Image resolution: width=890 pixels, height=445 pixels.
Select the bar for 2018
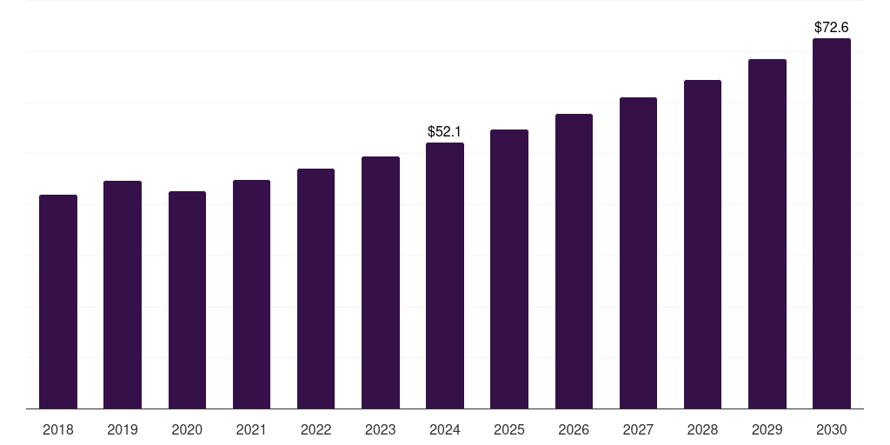point(58,302)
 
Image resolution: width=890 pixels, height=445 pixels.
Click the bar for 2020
point(188,300)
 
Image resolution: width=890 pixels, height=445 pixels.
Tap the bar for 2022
point(315,289)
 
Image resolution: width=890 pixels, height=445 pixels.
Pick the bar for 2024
point(445,276)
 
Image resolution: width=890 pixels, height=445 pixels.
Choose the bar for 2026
point(574,261)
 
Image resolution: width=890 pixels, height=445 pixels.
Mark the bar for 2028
point(702,244)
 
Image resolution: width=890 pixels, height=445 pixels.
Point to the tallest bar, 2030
point(832,223)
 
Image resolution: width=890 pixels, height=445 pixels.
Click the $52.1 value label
point(444,132)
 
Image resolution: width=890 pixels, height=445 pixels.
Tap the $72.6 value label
point(832,27)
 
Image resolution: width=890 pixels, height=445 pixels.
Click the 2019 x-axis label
point(123,429)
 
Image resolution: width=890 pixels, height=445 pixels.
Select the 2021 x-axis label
point(251,429)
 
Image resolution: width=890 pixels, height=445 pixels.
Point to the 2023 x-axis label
point(381,429)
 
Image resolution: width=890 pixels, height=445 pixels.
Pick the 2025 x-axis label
point(509,429)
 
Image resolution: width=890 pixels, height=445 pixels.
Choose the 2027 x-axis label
point(638,429)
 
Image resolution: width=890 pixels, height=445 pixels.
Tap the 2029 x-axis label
point(767,429)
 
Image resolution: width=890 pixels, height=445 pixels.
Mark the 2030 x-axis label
point(832,429)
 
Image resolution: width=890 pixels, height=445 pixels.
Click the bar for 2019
point(123,295)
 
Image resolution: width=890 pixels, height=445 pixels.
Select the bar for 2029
point(767,234)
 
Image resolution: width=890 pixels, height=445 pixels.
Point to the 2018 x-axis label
point(58,429)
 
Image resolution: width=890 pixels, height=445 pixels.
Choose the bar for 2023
point(381,282)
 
